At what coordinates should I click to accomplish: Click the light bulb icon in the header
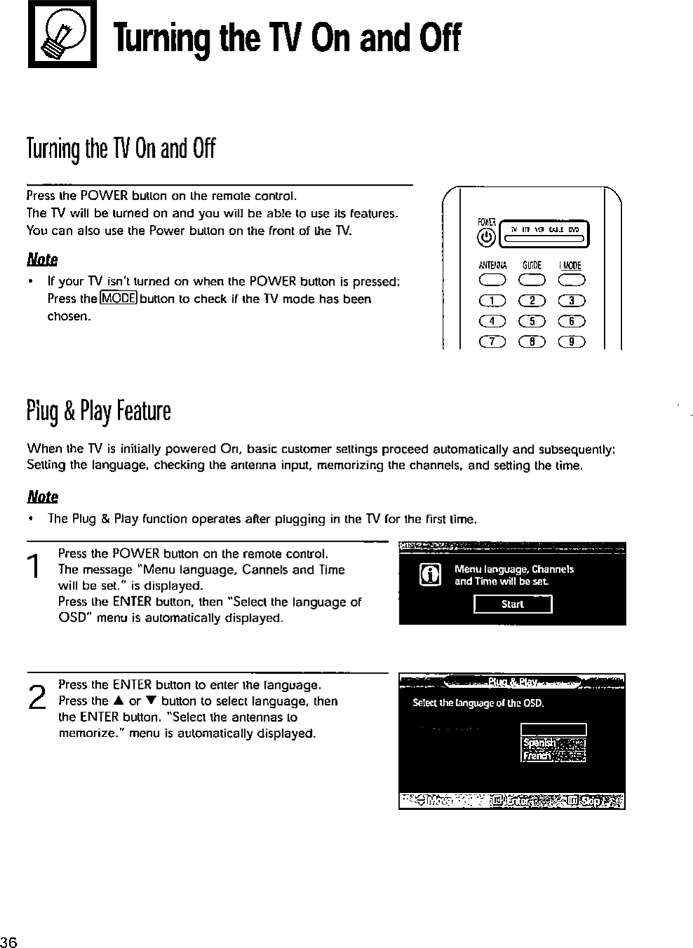coord(62,34)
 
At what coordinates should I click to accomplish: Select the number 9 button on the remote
coord(571,342)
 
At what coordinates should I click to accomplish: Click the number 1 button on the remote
coord(492,301)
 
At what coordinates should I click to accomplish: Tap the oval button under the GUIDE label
coord(531,281)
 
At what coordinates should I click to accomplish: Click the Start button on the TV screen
coord(513,604)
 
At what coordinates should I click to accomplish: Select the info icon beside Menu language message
coord(430,575)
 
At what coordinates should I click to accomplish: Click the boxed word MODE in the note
coord(118,298)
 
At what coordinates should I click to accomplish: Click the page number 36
coord(9,941)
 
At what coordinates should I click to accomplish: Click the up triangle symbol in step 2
coord(117,701)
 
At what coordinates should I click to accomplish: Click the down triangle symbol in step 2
coord(151,701)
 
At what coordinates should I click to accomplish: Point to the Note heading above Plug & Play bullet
coord(42,497)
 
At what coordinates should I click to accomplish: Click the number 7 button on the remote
coord(492,342)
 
